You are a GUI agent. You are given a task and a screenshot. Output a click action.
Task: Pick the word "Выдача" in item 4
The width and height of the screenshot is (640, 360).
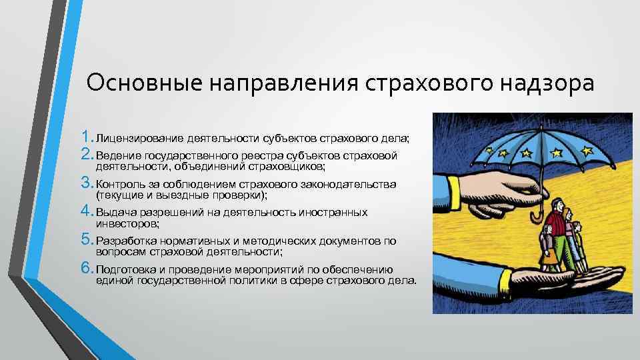click(x=115, y=213)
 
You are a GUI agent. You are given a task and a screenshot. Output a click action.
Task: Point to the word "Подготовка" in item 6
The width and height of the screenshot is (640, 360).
click(x=127, y=270)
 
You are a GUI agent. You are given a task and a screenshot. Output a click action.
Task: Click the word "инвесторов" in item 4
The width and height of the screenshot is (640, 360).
click(x=127, y=224)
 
